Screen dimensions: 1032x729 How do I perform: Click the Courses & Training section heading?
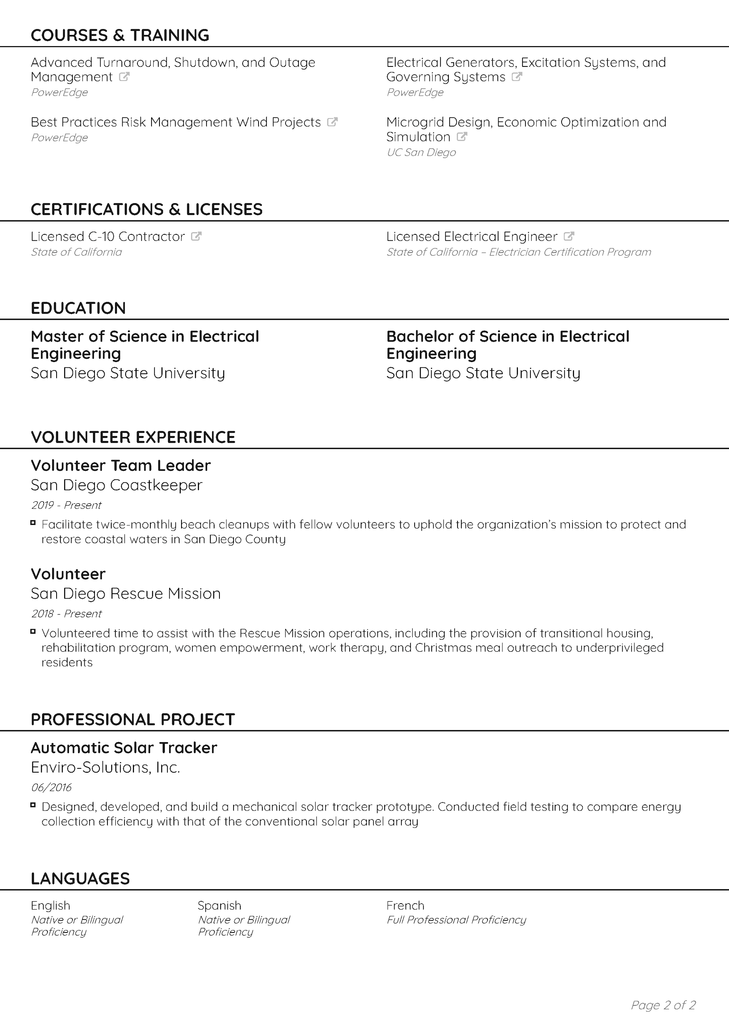click(120, 35)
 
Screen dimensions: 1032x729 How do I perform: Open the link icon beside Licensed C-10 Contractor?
click(196, 236)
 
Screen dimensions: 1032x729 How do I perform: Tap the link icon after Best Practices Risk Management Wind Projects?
click(332, 122)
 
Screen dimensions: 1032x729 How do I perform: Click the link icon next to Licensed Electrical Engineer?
click(568, 236)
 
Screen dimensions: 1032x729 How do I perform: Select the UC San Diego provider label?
click(421, 152)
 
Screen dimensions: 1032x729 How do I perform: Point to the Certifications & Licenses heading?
click(147, 209)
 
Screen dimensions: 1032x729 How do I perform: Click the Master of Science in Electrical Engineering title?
click(145, 345)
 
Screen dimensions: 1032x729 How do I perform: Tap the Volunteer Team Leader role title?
click(120, 465)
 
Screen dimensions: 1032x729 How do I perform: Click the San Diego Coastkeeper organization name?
click(117, 485)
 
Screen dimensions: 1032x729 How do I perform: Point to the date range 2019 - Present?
click(66, 505)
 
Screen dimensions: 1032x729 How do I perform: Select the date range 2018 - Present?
click(66, 613)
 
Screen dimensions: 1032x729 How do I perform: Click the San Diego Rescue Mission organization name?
click(125, 593)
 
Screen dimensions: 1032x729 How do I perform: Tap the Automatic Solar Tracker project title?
click(124, 748)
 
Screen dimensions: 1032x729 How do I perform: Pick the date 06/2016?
click(51, 787)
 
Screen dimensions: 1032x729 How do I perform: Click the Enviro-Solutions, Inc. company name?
click(105, 767)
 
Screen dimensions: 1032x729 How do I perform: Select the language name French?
click(405, 905)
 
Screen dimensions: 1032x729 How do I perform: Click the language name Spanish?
click(219, 905)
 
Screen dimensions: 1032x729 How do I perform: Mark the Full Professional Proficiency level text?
click(456, 920)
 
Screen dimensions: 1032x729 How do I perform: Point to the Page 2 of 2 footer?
click(663, 1005)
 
